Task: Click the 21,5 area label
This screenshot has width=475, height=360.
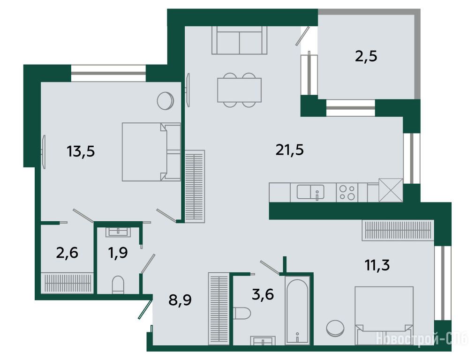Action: coord(290,150)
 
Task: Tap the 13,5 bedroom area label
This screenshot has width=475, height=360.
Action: coord(81,151)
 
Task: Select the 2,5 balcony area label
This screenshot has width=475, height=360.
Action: coord(366,56)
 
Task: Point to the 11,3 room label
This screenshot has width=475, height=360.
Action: coord(377,265)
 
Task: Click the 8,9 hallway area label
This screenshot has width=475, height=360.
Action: coord(180,300)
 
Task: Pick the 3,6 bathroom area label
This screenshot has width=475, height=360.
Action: coord(263,294)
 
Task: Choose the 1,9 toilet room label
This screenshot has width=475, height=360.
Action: coord(118,252)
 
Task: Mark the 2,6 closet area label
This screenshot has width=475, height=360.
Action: coord(67,252)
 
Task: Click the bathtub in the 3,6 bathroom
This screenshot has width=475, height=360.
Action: coord(297,311)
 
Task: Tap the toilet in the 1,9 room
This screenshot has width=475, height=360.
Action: coord(118,285)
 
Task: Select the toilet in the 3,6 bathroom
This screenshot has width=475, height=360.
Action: coord(242,313)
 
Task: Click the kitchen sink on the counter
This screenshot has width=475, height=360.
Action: coord(310,192)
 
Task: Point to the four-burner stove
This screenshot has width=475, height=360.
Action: coord(347,193)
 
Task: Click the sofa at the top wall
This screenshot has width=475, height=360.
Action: coord(239,40)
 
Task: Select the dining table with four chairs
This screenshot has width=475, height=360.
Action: coord(239,90)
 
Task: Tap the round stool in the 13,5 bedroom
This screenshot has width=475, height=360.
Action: coord(166,101)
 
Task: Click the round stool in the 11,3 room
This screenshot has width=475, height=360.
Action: coord(335,328)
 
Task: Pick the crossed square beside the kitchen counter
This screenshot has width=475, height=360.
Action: coord(391,190)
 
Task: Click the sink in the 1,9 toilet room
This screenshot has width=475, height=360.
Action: coord(118,232)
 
